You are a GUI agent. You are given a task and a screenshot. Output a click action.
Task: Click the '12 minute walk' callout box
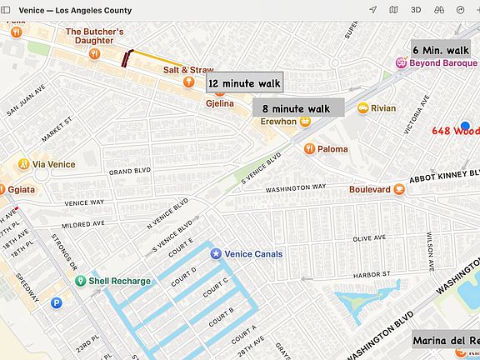pyautogui.click(x=244, y=83)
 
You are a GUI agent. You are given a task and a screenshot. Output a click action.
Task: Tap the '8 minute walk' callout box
pyautogui.click(x=297, y=108)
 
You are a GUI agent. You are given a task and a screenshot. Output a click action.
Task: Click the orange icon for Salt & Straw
pyautogui.click(x=190, y=82)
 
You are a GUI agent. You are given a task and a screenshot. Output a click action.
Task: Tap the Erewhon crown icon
pyautogui.click(x=305, y=122)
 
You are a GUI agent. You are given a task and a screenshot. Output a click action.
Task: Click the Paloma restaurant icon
pyautogui.click(x=309, y=149)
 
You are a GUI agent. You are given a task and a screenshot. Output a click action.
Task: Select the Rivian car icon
pyautogui.click(x=362, y=107)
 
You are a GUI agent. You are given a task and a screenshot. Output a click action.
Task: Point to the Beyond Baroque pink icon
pyautogui.click(x=400, y=62)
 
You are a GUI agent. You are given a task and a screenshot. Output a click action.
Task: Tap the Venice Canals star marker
pyautogui.click(x=216, y=253)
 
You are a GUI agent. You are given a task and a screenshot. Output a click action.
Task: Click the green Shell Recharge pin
pyautogui.click(x=80, y=281)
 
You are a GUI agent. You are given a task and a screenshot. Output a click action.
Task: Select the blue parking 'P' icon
pyautogui.click(x=57, y=303)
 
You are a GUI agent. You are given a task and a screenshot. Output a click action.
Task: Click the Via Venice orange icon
pyautogui.click(x=24, y=164)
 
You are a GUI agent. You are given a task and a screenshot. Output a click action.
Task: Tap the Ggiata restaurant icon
pyautogui.click(x=2, y=189)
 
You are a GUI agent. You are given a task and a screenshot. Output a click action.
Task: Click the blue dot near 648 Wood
pyautogui.click(x=466, y=125)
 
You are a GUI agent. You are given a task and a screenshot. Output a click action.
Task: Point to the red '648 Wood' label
pyautogui.click(x=456, y=131)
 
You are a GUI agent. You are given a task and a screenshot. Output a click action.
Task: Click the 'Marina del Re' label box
pyautogui.click(x=447, y=341)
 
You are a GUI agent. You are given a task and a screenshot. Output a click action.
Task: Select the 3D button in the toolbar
pyautogui.click(x=416, y=10)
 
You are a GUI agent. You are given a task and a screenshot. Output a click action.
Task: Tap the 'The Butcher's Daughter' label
pyautogui.click(x=95, y=37)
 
